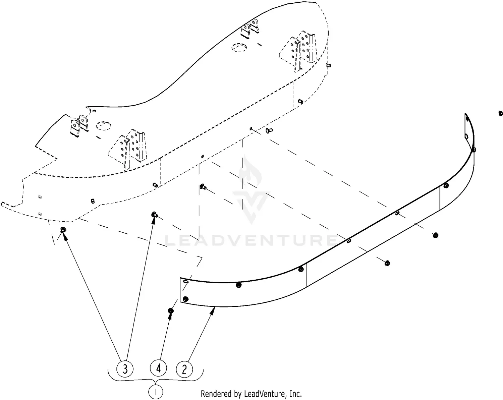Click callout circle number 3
[125, 369]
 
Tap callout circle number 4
[158, 368]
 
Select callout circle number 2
[184, 369]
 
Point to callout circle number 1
[155, 391]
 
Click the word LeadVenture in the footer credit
[268, 394]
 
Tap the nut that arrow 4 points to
[171, 311]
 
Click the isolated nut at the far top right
[500, 113]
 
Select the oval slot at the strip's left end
[186, 283]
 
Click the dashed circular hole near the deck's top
[239, 48]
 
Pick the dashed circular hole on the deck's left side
[103, 126]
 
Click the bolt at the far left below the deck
[63, 230]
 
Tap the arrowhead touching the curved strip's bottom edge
[213, 310]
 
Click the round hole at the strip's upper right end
[467, 136]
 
